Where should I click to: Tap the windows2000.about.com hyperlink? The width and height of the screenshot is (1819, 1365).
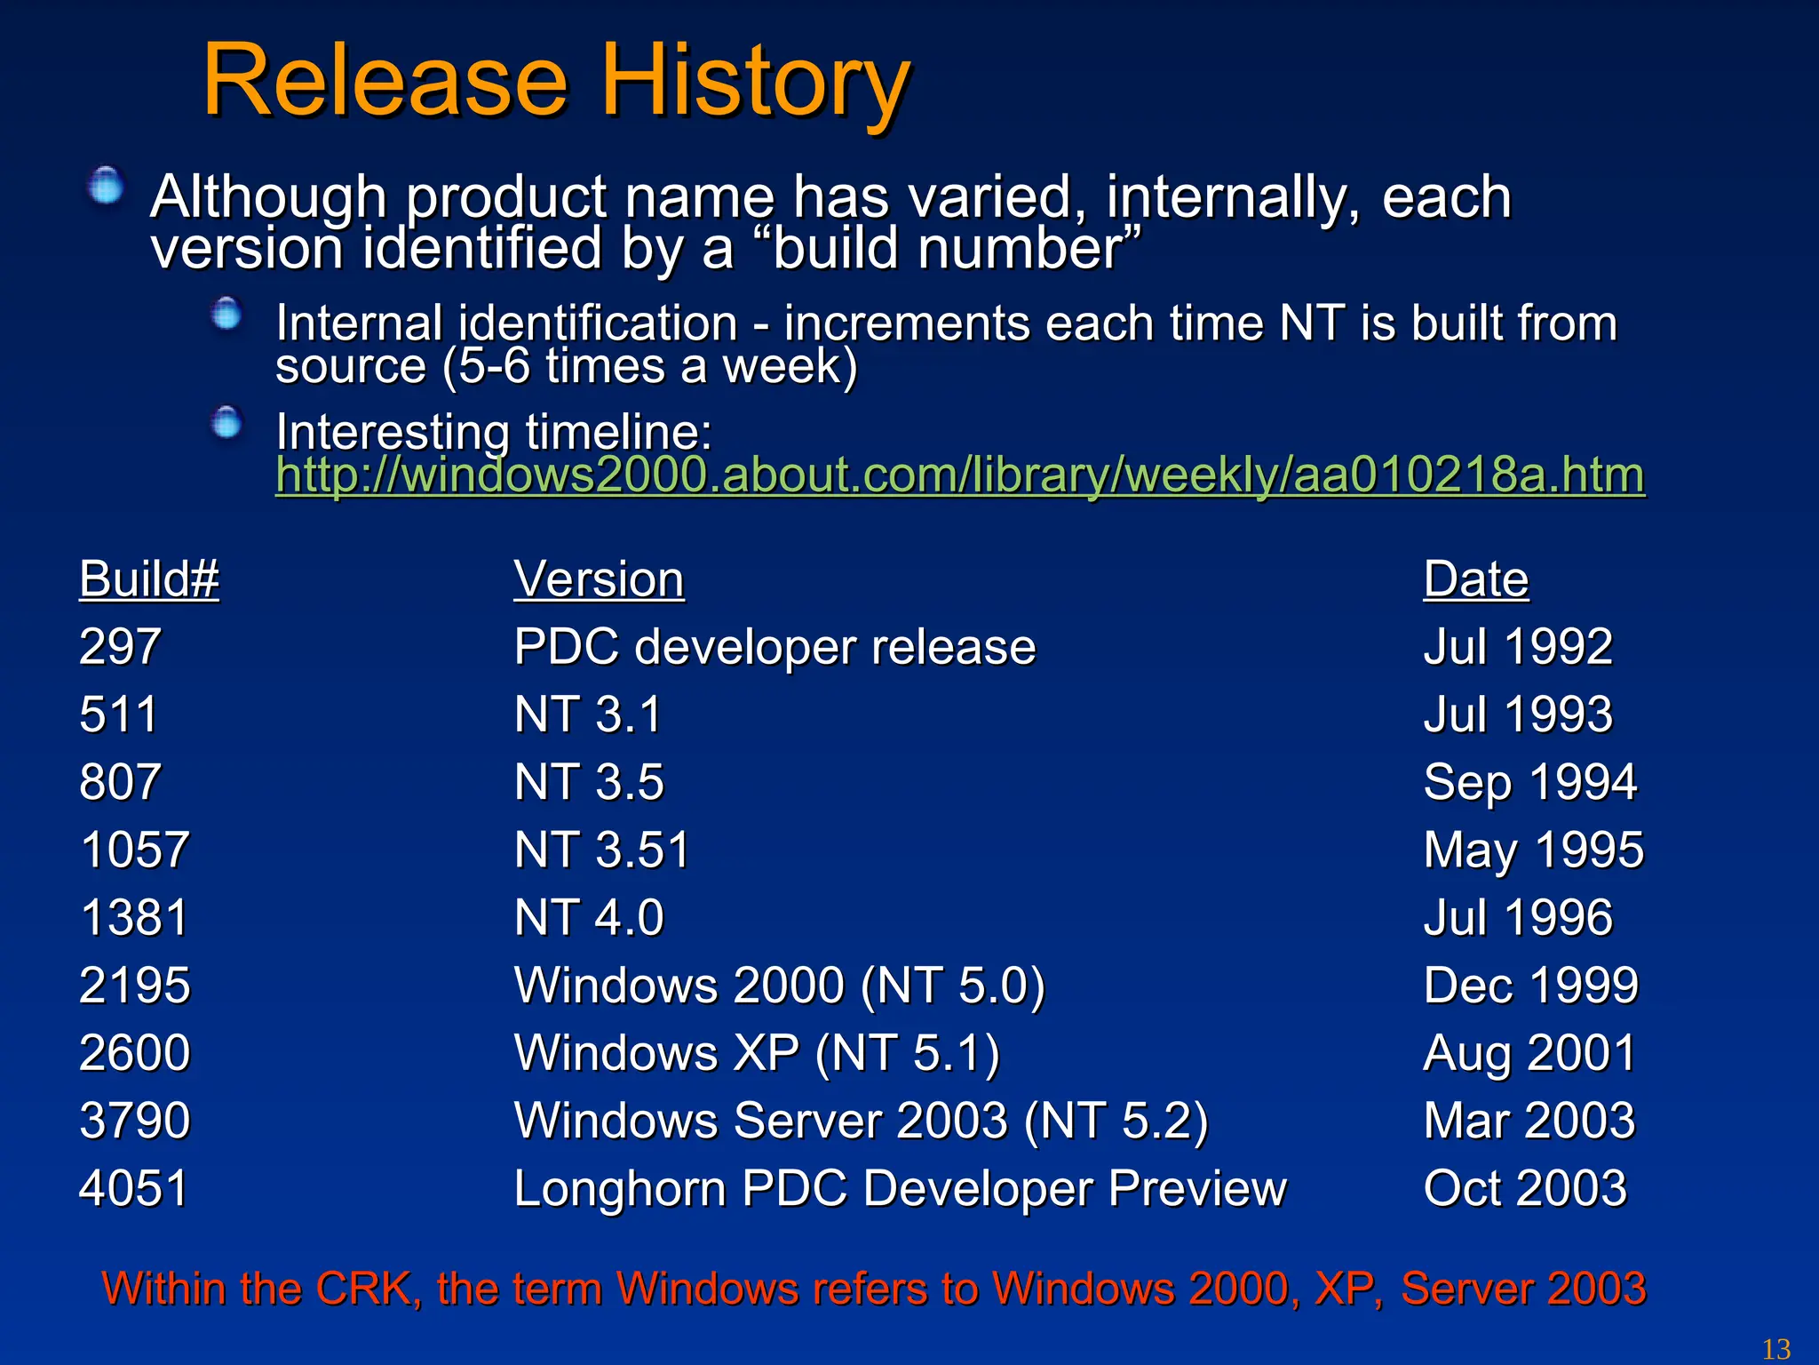pyautogui.click(x=959, y=475)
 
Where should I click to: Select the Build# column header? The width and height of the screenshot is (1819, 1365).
pyautogui.click(x=149, y=579)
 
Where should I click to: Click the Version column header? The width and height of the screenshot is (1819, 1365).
pyautogui.click(x=600, y=579)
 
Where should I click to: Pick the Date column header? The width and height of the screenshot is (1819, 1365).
pyautogui.click(x=1476, y=579)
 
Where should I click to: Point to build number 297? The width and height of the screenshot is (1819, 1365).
pyautogui.click(x=120, y=646)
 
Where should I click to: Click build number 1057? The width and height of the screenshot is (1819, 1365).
pyautogui.click(x=134, y=850)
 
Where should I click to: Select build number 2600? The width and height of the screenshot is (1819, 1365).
pyautogui.click(x=135, y=1053)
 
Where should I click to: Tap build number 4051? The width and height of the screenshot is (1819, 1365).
pyautogui.click(x=134, y=1188)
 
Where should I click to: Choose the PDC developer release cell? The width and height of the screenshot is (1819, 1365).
pyautogui.click(x=774, y=646)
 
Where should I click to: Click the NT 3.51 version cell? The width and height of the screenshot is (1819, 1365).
pyautogui.click(x=602, y=850)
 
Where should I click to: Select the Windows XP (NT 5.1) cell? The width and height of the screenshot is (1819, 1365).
pyautogui.click(x=757, y=1053)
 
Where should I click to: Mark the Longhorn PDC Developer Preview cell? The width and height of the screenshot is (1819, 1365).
pyautogui.click(x=900, y=1188)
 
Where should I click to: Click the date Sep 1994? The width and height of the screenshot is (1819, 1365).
pyautogui.click(x=1529, y=782)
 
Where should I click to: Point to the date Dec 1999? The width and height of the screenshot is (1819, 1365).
pyautogui.click(x=1530, y=985)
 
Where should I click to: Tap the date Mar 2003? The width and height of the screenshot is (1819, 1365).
pyautogui.click(x=1529, y=1121)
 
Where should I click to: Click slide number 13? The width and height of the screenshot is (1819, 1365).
pyautogui.click(x=1775, y=1349)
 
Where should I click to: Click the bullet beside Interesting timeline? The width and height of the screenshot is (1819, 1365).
pyautogui.click(x=226, y=422)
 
